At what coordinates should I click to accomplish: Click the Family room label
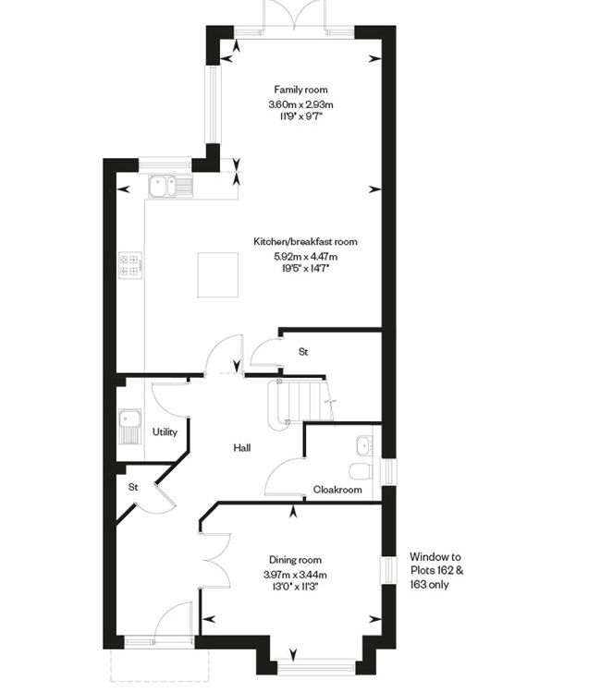(x=300, y=90)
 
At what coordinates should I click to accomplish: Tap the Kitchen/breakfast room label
(x=305, y=241)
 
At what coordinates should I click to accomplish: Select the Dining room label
(x=295, y=560)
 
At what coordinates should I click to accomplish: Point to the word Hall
(x=242, y=448)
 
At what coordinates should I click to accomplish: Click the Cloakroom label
(x=337, y=490)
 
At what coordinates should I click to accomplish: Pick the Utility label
(x=165, y=432)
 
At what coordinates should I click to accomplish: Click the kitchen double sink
(x=170, y=187)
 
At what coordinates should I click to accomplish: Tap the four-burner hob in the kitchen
(x=130, y=265)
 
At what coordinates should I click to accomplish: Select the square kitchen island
(x=217, y=274)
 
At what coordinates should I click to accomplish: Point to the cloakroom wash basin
(x=365, y=445)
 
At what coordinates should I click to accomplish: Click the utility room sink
(x=129, y=426)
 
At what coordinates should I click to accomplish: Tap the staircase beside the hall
(x=300, y=403)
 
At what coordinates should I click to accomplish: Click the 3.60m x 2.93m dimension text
(x=300, y=104)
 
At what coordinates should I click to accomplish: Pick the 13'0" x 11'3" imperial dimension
(x=296, y=587)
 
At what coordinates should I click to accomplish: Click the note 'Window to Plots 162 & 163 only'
(x=436, y=570)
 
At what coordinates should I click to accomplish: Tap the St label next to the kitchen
(x=303, y=352)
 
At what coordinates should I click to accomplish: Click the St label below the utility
(x=133, y=487)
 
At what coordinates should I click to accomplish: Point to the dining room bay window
(x=315, y=666)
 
